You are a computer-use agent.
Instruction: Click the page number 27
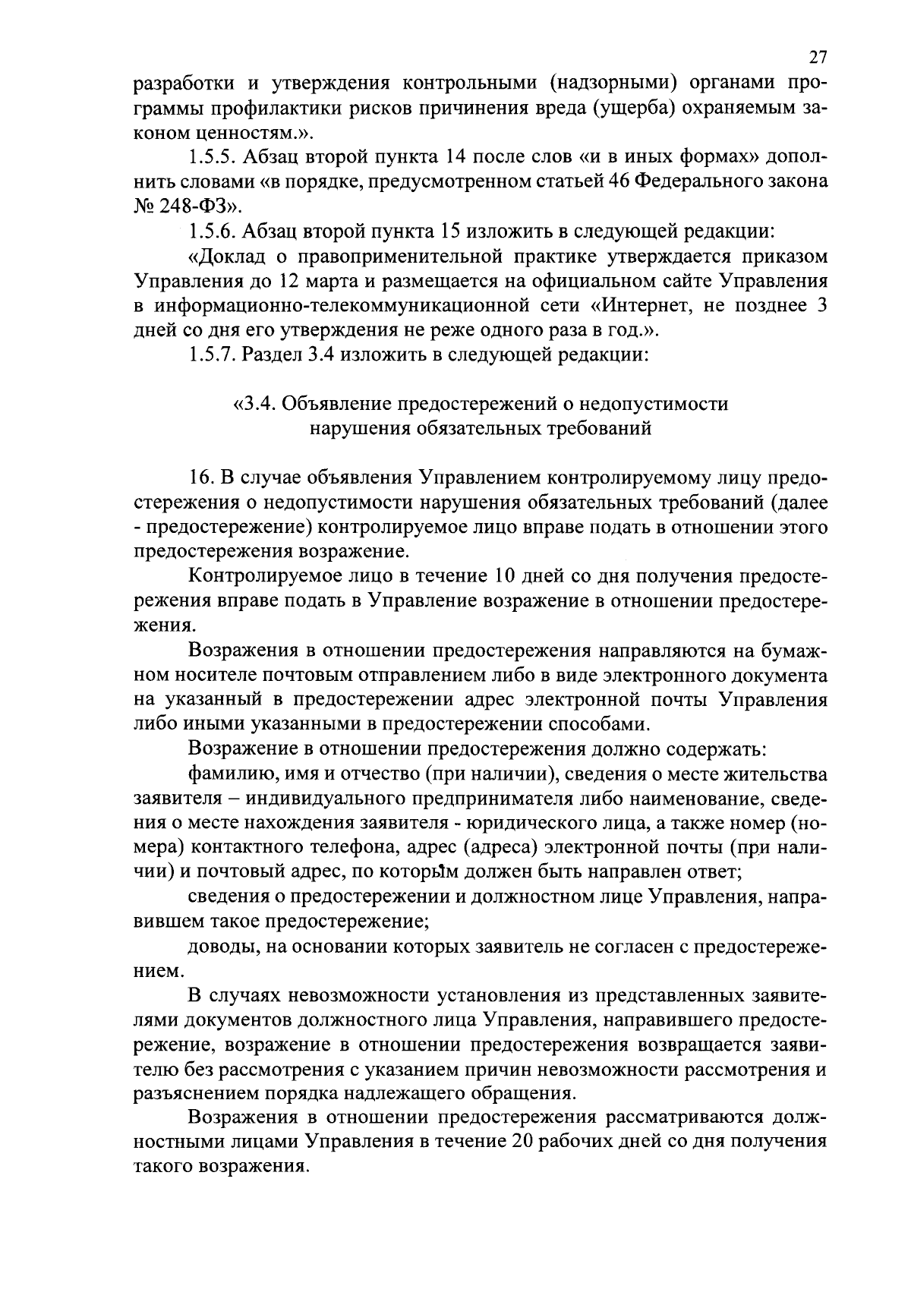tap(817, 58)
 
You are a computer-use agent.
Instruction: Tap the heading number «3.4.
tap(254, 404)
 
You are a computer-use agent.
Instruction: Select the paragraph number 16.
tap(199, 478)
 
